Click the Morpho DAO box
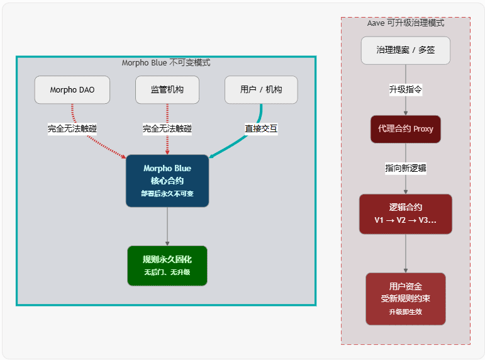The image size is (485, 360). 72,90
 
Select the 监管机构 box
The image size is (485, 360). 167,90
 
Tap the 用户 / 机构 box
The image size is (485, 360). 261,90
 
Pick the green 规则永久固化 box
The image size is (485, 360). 167,266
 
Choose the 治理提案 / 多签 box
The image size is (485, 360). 406,50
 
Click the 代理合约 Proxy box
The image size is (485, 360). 406,129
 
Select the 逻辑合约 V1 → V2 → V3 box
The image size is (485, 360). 406,214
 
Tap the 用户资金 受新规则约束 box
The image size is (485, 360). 406,298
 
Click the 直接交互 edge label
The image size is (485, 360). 261,129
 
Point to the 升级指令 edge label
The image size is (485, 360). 406,90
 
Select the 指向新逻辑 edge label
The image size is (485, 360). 406,169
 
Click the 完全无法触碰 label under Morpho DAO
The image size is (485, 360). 72,129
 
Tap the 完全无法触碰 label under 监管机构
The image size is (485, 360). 167,129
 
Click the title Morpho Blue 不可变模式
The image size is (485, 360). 166,63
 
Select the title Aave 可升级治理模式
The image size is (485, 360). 406,23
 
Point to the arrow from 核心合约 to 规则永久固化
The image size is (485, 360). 167,227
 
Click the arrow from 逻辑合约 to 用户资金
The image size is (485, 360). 406,253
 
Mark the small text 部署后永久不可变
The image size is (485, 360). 167,194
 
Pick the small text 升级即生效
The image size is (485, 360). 406,312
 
